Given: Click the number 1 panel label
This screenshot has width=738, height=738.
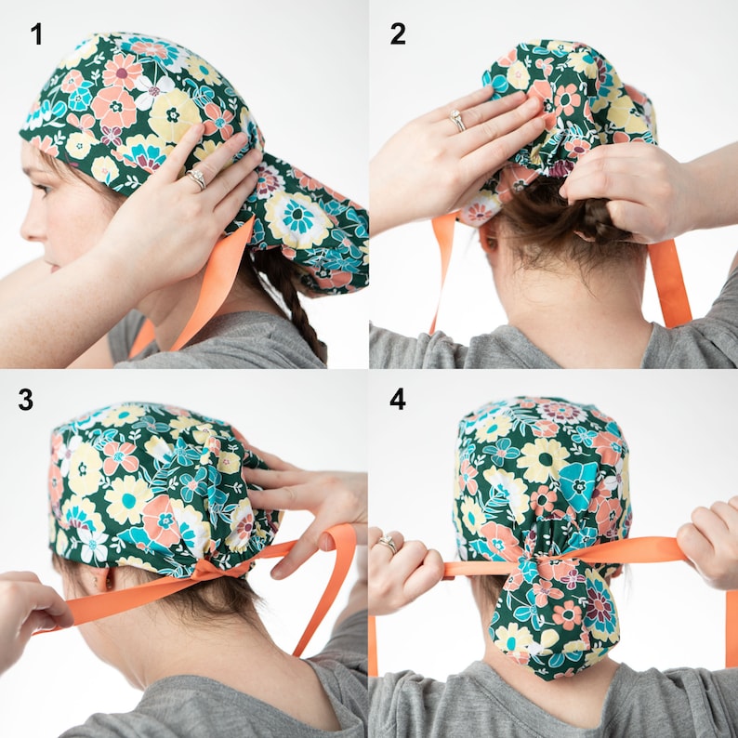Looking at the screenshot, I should point(36,35).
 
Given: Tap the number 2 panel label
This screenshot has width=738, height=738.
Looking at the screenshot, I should point(398,34).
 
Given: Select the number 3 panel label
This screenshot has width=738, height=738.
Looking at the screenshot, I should point(25,400).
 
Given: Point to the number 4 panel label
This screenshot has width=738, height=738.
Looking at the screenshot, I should point(398,400).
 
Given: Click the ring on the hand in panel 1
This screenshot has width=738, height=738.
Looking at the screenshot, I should point(197,178).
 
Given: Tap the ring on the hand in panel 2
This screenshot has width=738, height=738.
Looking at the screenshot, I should point(457,120).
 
